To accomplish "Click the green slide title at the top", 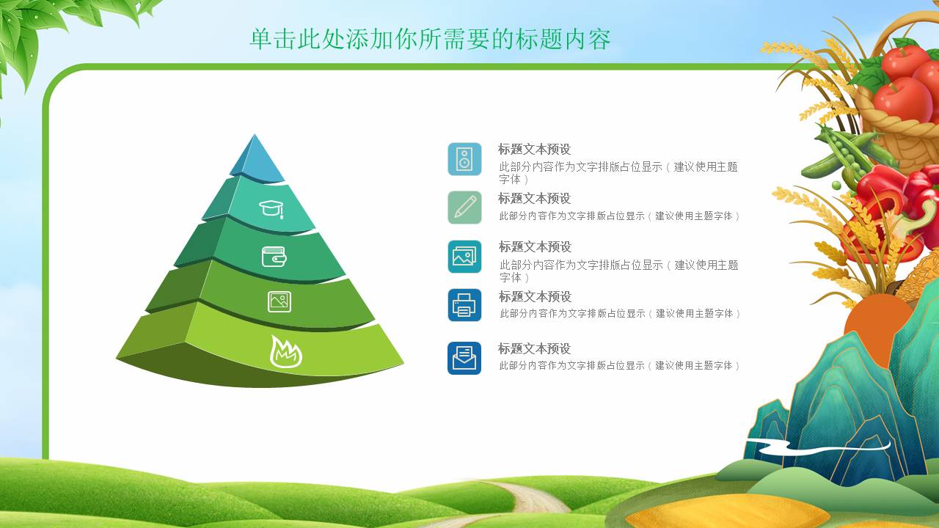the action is (430, 39).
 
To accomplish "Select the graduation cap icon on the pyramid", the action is (271, 209).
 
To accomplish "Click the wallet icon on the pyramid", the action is (274, 257).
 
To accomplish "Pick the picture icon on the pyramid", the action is (279, 301).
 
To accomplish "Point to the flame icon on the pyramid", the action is (286, 351).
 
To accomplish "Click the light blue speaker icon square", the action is (464, 159).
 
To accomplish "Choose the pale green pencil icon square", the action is (464, 208).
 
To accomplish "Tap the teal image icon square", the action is (464, 257).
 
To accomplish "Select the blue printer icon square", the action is (464, 305).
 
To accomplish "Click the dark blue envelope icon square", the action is (464, 358).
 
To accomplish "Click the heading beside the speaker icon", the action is (535, 149).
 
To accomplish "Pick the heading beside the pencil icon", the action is (535, 198).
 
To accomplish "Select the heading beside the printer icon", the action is (535, 297).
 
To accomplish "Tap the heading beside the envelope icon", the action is (535, 348).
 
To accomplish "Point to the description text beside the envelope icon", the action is (619, 366).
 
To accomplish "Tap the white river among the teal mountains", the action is (817, 447).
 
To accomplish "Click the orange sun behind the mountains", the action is (878, 327).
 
